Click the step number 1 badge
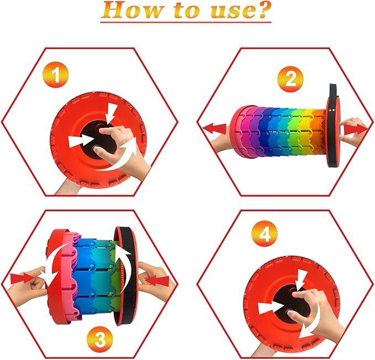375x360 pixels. coord(56,75)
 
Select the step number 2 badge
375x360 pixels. coord(291,79)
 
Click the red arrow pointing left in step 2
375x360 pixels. coord(214,129)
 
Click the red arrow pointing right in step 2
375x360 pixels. coord(356,130)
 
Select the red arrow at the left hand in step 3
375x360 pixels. coord(22,279)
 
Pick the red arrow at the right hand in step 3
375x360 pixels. coord(158,281)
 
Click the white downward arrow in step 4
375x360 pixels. coord(300,279)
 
